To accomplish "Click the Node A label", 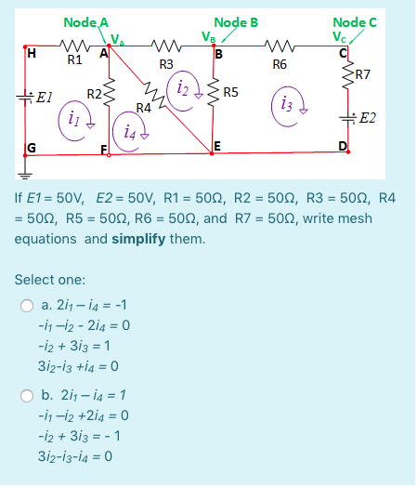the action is [85, 20].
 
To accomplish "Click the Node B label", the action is [236, 20].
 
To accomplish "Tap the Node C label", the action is [355, 20].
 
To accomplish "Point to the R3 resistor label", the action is [165, 64].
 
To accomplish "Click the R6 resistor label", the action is [280, 64].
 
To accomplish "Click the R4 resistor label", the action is [143, 108].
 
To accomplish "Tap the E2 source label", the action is [367, 118].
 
